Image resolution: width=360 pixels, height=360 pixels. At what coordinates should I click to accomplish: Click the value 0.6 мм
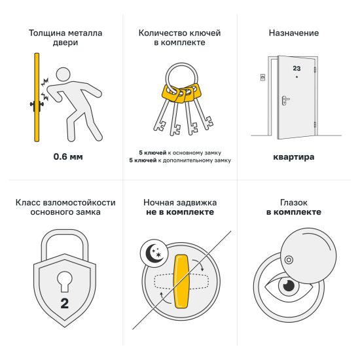click(x=68, y=157)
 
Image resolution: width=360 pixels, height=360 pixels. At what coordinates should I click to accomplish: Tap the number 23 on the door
click(x=297, y=68)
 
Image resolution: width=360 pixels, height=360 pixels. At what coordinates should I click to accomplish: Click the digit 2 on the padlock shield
click(x=64, y=302)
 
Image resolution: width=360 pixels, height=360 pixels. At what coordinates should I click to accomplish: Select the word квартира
click(x=294, y=157)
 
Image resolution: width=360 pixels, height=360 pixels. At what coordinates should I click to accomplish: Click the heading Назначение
click(x=294, y=33)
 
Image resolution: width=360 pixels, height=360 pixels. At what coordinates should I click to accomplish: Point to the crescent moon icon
click(x=151, y=253)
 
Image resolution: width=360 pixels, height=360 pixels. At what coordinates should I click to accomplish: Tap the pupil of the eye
click(x=288, y=286)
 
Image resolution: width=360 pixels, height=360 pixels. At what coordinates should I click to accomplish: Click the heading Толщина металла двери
click(x=54, y=37)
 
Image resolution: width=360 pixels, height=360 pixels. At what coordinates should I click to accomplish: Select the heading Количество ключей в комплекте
click(x=179, y=37)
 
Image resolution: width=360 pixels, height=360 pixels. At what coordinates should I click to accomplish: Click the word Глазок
click(x=294, y=203)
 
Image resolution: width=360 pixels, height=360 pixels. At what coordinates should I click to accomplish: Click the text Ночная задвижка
click(x=179, y=203)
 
